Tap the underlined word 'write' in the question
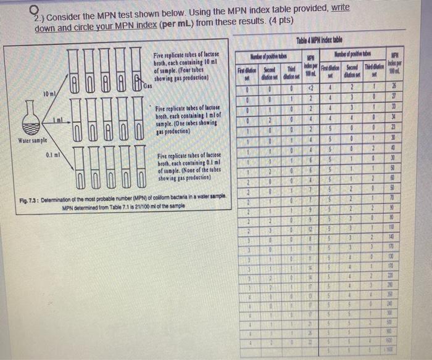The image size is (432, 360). [x=337, y=8]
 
